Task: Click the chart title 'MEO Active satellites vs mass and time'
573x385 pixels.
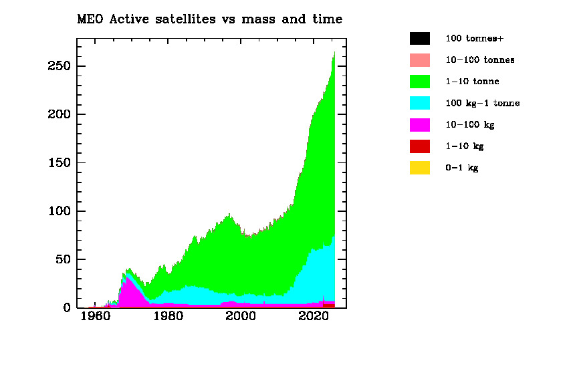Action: click(210, 19)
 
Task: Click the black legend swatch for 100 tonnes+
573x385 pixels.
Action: click(420, 38)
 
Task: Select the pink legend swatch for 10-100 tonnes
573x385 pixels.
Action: click(420, 59)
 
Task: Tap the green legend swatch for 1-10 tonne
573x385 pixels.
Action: click(420, 82)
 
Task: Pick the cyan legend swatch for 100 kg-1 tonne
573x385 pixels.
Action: click(420, 103)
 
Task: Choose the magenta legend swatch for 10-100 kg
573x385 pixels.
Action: click(420, 124)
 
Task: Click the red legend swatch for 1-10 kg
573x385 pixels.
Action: click(420, 146)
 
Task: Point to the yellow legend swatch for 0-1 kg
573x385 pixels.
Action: click(420, 168)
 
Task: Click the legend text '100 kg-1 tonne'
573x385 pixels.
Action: click(482, 103)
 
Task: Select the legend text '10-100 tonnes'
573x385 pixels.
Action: click(479, 59)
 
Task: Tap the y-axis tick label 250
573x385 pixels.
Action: click(59, 66)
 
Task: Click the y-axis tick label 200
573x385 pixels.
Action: click(59, 114)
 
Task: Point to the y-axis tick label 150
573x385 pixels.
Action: click(59, 162)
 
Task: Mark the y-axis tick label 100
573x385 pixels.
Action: click(59, 211)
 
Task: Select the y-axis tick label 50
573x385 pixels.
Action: click(62, 259)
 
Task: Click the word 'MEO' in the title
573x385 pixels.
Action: click(89, 19)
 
